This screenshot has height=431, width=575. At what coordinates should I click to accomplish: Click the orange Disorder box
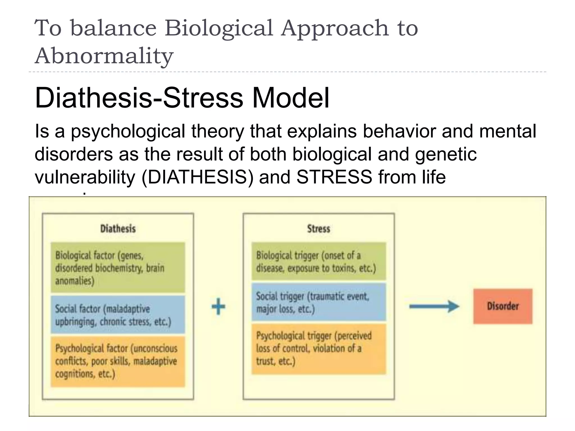point(503,306)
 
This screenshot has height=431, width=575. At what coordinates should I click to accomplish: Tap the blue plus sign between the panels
point(218,306)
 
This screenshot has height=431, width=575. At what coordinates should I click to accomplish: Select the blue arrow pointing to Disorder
point(434,306)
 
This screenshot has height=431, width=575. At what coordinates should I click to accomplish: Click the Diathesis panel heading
point(118,229)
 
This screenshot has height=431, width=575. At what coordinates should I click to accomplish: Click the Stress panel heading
point(318,229)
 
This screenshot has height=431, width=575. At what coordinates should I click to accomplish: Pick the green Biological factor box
point(118,268)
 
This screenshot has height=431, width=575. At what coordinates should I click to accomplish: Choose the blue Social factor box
point(118,315)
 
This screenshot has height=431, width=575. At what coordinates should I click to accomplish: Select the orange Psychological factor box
point(118,361)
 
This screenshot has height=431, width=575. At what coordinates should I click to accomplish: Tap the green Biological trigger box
point(319,262)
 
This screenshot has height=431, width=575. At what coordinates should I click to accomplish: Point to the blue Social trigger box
point(319,302)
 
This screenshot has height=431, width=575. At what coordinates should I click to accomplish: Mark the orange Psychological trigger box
point(319,349)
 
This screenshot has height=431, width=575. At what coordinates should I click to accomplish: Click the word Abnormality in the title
point(104,55)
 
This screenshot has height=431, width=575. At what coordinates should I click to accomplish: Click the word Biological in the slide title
point(219,28)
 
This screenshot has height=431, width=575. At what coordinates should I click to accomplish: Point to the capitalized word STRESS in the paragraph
point(334,177)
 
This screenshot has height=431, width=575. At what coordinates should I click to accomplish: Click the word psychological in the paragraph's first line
point(128,131)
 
